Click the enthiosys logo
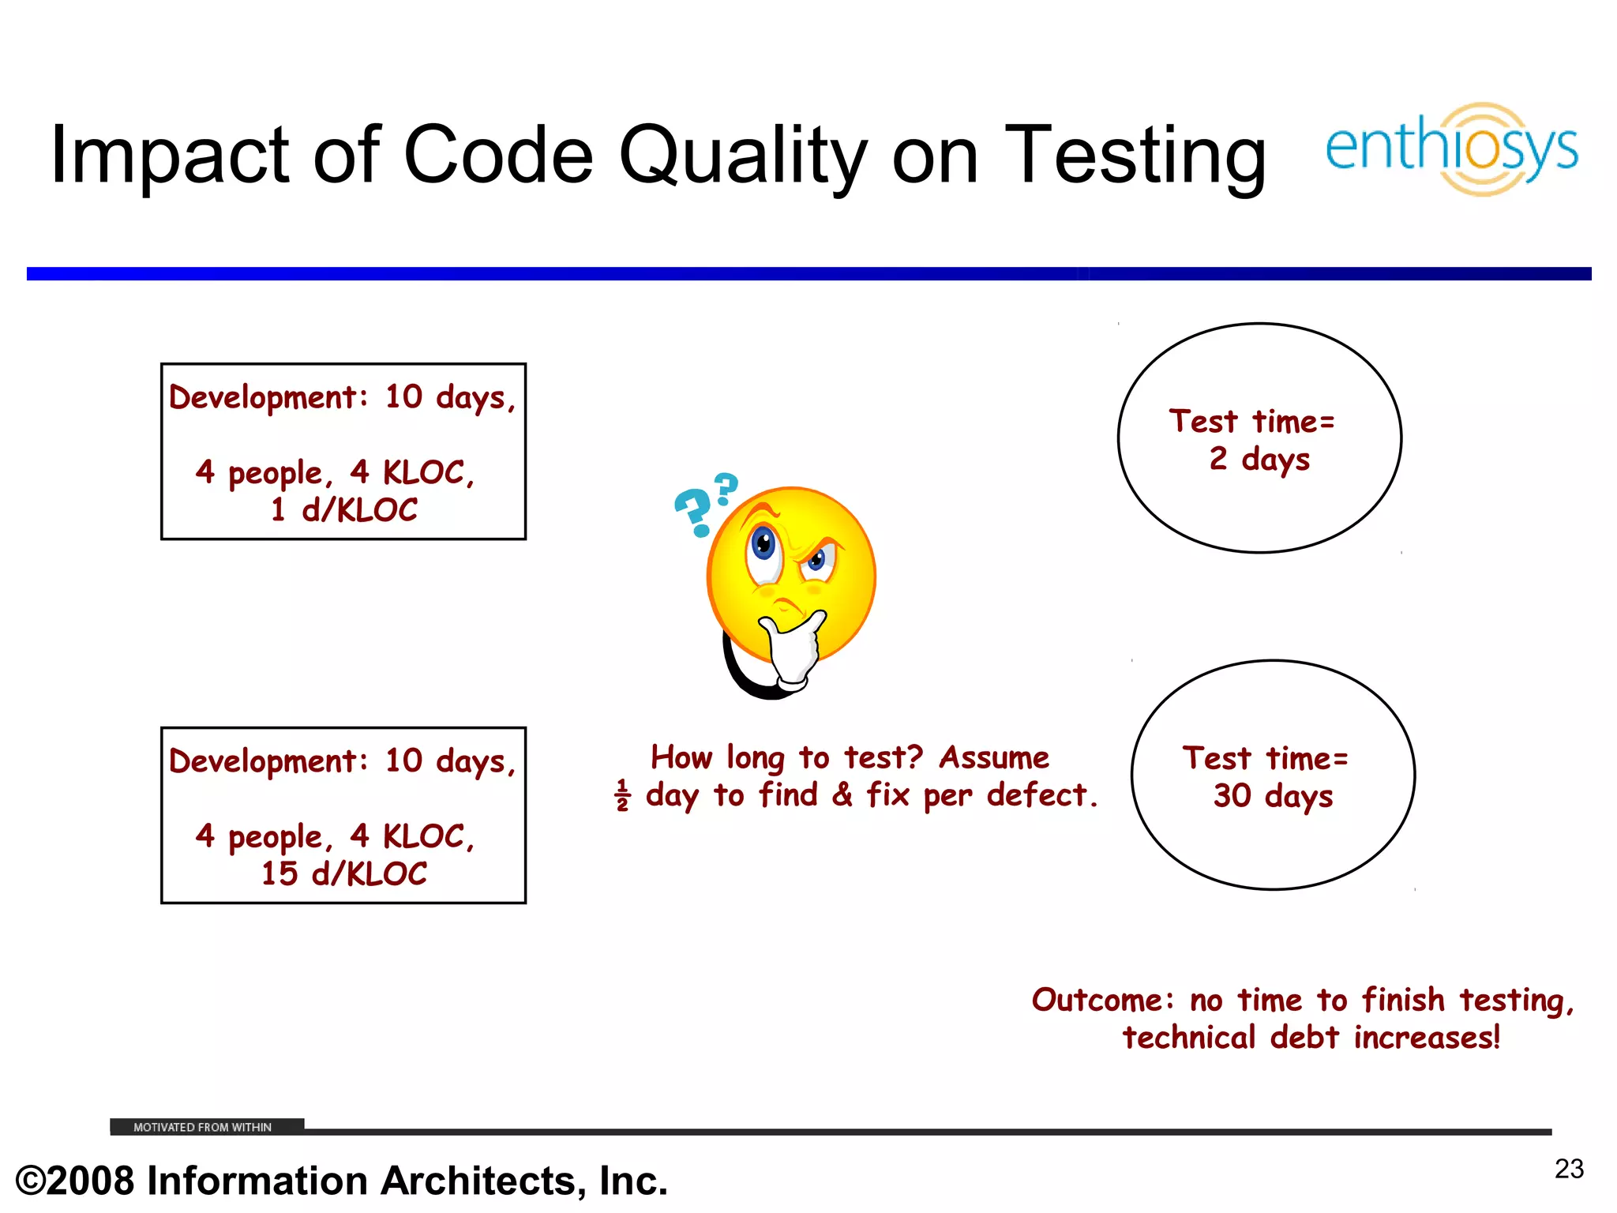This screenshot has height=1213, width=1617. (1451, 148)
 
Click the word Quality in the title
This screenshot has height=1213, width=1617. (742, 156)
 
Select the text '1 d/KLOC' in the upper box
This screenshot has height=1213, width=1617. (343, 509)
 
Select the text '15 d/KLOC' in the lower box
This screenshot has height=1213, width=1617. (343, 873)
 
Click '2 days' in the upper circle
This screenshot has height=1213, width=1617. (1259, 458)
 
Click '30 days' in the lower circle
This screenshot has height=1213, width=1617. (1273, 795)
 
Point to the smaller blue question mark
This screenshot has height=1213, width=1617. (726, 488)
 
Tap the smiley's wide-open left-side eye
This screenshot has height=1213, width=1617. (763, 545)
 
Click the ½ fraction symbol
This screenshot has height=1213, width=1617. (622, 795)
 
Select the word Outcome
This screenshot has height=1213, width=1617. (1097, 1000)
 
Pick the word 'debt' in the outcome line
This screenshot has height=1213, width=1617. (1304, 1038)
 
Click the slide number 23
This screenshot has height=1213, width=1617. (1569, 1169)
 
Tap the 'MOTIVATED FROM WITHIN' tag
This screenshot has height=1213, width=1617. (203, 1127)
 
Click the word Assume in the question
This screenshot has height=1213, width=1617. (994, 757)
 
